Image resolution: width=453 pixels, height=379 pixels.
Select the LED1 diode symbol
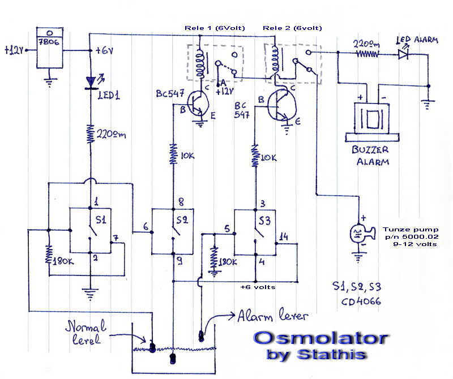coord(91,83)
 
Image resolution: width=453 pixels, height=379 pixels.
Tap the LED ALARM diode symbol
coord(403,54)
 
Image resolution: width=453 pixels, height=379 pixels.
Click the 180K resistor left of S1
coord(49,253)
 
